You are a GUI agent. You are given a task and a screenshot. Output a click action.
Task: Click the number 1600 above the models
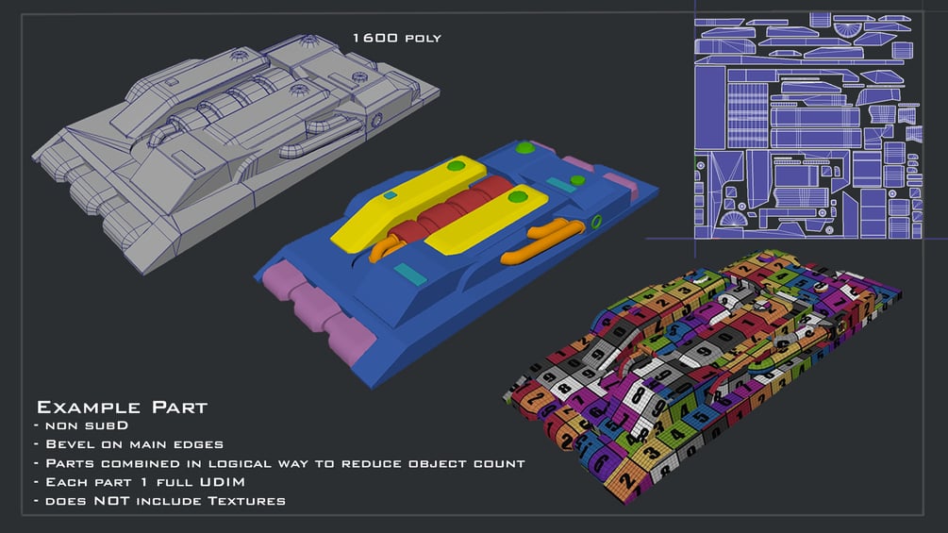[374, 38]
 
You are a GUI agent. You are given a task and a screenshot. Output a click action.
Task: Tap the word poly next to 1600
[424, 39]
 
